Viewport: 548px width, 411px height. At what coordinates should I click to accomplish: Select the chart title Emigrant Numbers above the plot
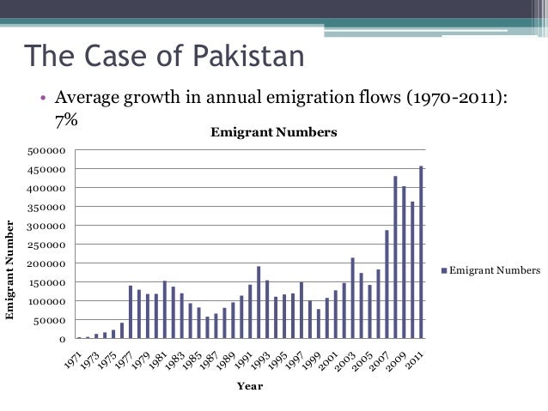point(274,133)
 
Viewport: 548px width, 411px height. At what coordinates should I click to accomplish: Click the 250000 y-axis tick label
point(47,245)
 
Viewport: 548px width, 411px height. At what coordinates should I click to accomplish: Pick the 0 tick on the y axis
point(62,340)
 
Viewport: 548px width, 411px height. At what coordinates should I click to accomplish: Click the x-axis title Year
point(250,386)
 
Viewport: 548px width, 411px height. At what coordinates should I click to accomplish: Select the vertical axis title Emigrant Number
point(10,270)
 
